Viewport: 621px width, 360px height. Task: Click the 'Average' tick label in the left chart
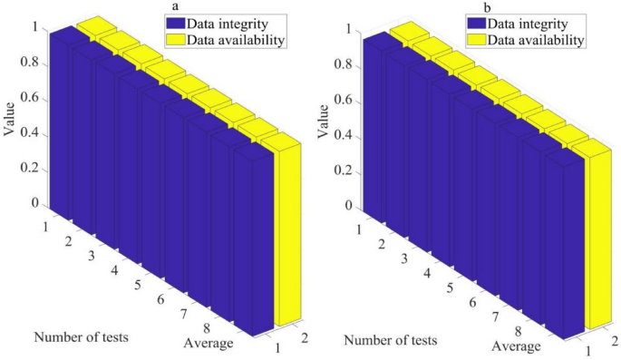tap(207, 343)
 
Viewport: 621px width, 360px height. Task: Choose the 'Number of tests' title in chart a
tap(81, 337)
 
